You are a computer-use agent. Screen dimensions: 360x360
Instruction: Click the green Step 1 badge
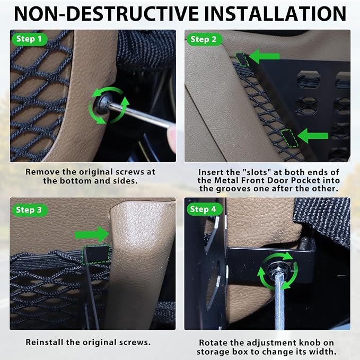point(29,39)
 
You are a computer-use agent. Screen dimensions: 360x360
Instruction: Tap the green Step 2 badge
point(204,39)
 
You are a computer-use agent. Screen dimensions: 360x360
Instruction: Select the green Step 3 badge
point(29,210)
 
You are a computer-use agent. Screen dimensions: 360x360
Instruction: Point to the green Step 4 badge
point(204,209)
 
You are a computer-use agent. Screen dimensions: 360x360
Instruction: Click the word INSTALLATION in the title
point(275,14)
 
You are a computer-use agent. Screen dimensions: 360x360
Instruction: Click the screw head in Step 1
point(103,104)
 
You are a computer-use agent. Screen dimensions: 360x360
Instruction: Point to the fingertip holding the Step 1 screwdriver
point(171,139)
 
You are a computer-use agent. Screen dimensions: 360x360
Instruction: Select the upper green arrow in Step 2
point(264,56)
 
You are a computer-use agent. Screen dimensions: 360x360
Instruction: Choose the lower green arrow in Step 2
point(313,136)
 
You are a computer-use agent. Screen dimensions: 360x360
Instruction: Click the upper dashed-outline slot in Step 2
point(242,59)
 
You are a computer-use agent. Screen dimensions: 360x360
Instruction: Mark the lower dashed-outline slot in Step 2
point(289,138)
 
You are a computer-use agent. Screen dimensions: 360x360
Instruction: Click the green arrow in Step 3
point(92,234)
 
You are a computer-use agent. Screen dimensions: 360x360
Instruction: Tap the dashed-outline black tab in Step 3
point(95,254)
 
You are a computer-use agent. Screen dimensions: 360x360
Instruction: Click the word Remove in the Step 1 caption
point(40,172)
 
